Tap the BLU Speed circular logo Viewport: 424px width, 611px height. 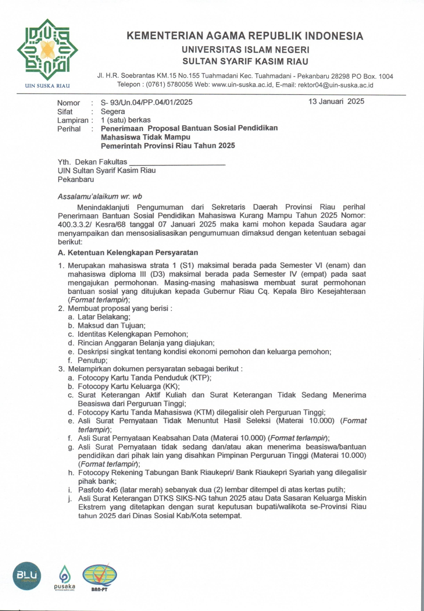point(27,576)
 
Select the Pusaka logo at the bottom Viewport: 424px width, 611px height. point(65,577)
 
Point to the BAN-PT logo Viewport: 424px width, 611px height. point(99,576)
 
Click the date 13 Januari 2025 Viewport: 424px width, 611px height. point(336,101)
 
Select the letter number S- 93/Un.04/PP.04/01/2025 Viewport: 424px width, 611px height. point(147,103)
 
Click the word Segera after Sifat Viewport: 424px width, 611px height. point(113,112)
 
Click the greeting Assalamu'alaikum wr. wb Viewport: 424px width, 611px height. point(100,197)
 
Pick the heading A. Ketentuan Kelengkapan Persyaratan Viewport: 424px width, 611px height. point(128,253)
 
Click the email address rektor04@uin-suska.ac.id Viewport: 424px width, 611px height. point(335,85)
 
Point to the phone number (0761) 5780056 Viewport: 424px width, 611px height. point(169,85)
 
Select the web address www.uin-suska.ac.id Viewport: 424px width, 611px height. point(242,85)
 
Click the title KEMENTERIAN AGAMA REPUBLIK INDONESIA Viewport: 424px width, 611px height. point(245,36)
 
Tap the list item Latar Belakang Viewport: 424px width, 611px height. point(104,317)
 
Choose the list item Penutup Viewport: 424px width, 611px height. point(92,360)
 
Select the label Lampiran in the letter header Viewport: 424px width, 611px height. point(73,120)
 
